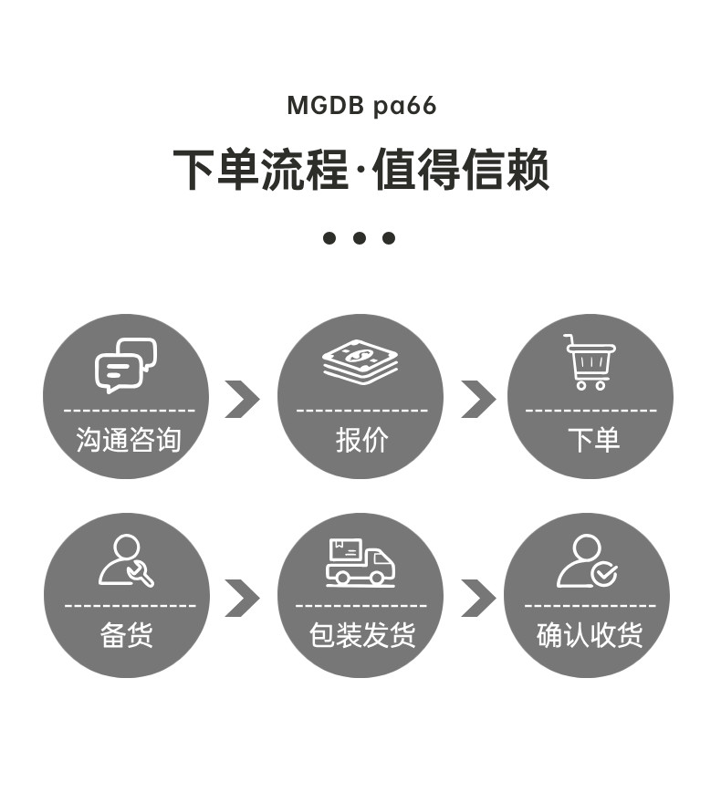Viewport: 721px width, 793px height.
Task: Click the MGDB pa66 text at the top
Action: pyautogui.click(x=361, y=106)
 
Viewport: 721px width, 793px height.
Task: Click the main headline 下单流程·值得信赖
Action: pyautogui.click(x=360, y=170)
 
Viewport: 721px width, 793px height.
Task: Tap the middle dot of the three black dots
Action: pyautogui.click(x=360, y=237)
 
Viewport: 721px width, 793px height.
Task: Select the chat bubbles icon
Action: pyautogui.click(x=126, y=365)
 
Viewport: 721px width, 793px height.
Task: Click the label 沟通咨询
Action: pyautogui.click(x=129, y=439)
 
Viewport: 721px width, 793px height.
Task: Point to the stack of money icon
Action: pyautogui.click(x=360, y=361)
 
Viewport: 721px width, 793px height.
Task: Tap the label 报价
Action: pyautogui.click(x=361, y=439)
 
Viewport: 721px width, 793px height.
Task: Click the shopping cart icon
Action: pyautogui.click(x=590, y=361)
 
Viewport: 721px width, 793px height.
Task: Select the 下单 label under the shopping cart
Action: pyautogui.click(x=593, y=439)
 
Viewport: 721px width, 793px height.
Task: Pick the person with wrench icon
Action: pyautogui.click(x=126, y=560)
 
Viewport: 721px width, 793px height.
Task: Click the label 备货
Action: pyautogui.click(x=127, y=634)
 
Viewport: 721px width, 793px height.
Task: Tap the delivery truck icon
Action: pyautogui.click(x=360, y=562)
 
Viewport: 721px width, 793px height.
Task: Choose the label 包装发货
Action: pyautogui.click(x=362, y=634)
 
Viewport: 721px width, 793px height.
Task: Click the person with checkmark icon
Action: pyautogui.click(x=587, y=561)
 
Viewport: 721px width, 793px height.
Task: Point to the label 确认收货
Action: pyautogui.click(x=590, y=634)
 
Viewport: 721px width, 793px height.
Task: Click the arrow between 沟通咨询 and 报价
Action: pyautogui.click(x=243, y=399)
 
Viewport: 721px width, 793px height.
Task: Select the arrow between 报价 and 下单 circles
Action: pyautogui.click(x=478, y=399)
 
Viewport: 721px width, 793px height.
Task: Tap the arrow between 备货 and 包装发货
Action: pyautogui.click(x=243, y=599)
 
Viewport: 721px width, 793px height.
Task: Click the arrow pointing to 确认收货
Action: pyautogui.click(x=478, y=599)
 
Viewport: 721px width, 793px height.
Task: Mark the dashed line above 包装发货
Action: pyautogui.click(x=361, y=605)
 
